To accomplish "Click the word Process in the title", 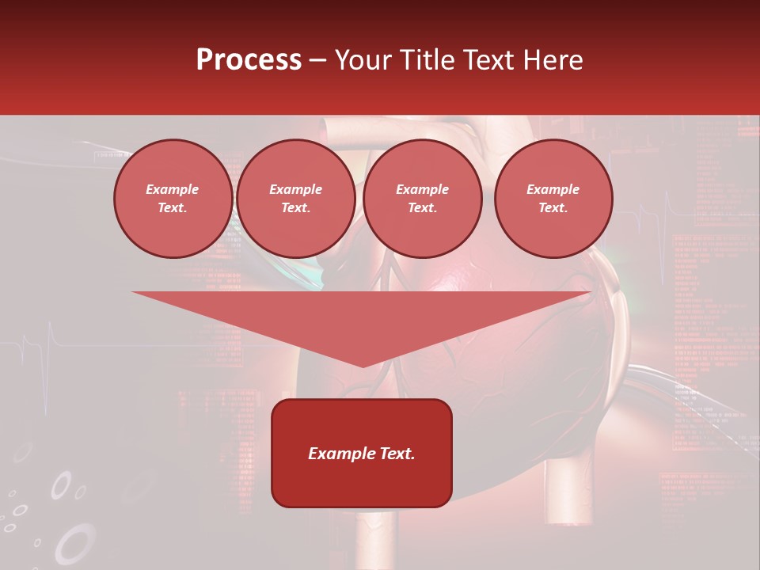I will [x=249, y=60].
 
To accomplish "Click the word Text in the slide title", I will [x=488, y=60].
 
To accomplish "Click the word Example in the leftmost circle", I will [x=173, y=189].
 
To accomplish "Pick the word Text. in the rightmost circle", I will [x=553, y=208].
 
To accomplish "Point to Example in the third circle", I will [x=422, y=189].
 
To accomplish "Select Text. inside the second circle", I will [x=295, y=208].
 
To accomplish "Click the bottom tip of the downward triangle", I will [x=363, y=366].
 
